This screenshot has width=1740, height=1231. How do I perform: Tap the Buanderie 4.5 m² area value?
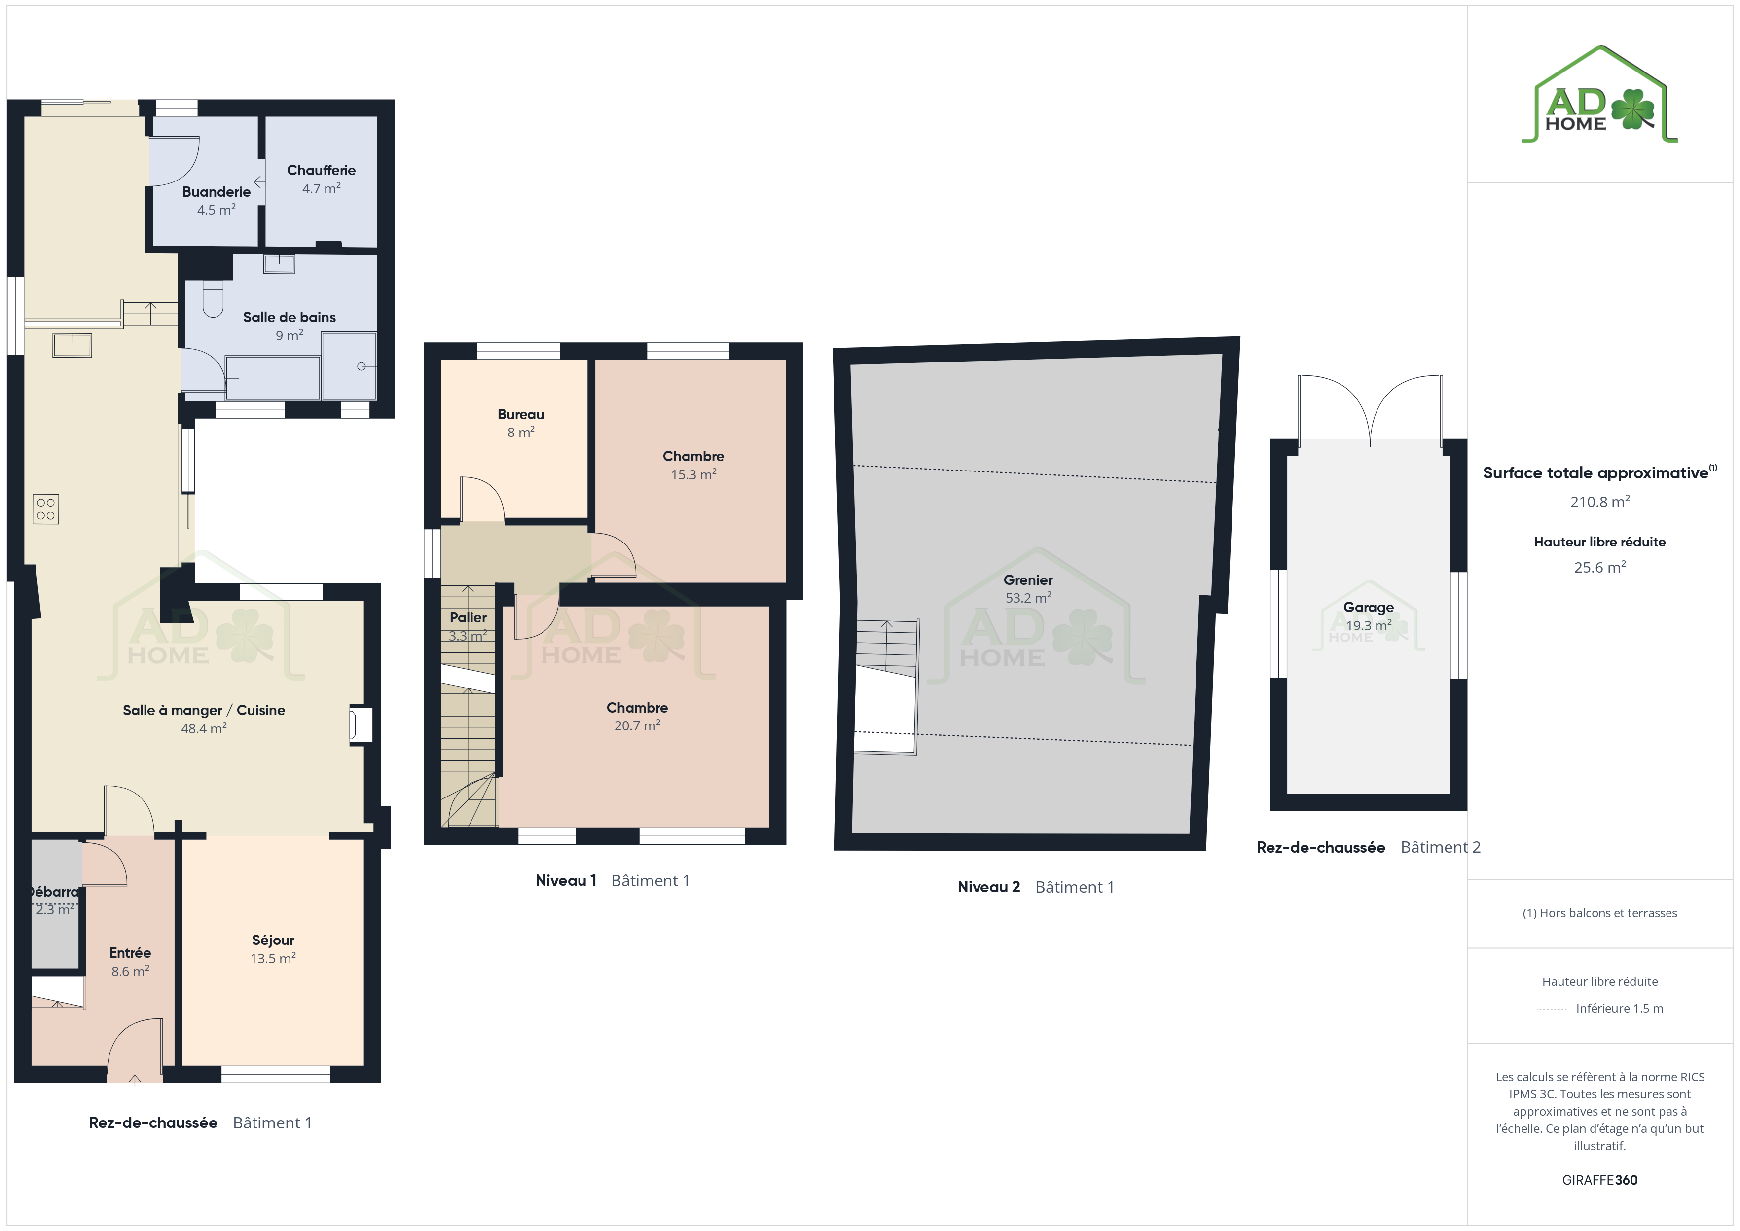coord(216,210)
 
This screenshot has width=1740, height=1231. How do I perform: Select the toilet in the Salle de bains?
coord(213,299)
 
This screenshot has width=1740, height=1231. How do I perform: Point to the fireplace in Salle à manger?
coord(360,724)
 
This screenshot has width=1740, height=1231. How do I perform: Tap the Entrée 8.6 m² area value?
coord(130,971)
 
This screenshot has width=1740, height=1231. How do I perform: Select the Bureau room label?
coord(521,414)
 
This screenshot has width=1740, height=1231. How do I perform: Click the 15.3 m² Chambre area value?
coord(693,474)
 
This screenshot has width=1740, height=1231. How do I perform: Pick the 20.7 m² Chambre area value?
coord(637,725)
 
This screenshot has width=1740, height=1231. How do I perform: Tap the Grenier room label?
coord(1028,580)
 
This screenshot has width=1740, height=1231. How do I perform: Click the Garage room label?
coord(1368,607)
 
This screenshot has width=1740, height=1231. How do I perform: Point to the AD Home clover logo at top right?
coord(1600,94)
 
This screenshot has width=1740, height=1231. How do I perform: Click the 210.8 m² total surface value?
coord(1600,501)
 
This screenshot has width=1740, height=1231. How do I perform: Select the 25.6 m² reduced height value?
coord(1600,567)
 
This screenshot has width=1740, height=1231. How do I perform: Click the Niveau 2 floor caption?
coord(988,887)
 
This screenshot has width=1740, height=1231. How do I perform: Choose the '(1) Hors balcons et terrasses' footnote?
coord(1600,913)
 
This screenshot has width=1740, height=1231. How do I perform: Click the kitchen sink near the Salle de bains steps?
coord(72,345)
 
